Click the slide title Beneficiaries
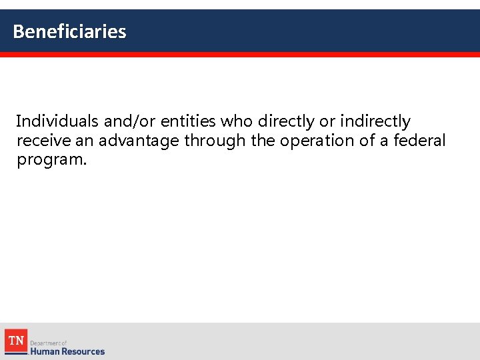[69, 31]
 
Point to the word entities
[188, 121]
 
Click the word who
[237, 121]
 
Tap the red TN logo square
[15, 341]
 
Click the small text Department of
[49, 343]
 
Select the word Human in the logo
[45, 351]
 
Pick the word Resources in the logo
[83, 351]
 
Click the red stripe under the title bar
[240, 55]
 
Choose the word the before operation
[263, 141]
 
